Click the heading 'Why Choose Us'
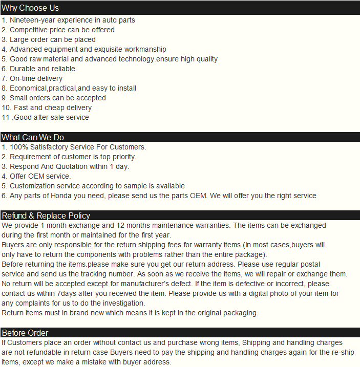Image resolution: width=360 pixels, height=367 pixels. [30, 8]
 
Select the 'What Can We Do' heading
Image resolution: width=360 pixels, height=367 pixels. [33, 137]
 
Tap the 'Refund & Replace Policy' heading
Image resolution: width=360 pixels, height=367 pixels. [46, 215]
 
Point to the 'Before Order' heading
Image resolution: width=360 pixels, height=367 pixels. [25, 333]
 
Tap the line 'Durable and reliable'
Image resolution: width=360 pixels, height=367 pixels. [42, 69]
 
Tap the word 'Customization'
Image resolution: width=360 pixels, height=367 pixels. [33, 186]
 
